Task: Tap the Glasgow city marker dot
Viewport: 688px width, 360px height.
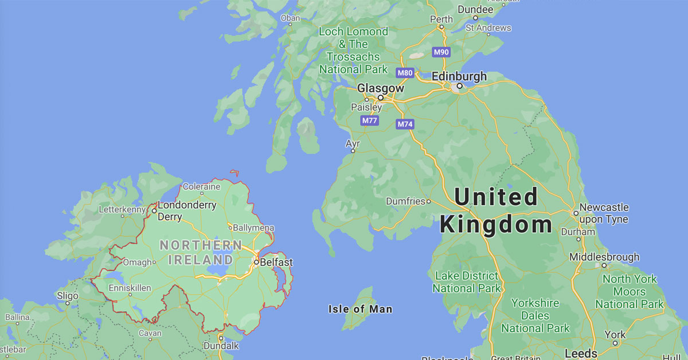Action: pyautogui.click(x=380, y=97)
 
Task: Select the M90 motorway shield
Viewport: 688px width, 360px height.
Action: pyautogui.click(x=441, y=52)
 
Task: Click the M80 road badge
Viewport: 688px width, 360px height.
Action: pyautogui.click(x=405, y=73)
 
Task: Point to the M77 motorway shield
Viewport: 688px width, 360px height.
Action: pyautogui.click(x=369, y=120)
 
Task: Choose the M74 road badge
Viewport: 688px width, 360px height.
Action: pyautogui.click(x=405, y=124)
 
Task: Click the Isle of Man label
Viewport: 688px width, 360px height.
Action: pyautogui.click(x=360, y=309)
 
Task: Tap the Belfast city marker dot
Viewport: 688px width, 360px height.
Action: pyautogui.click(x=256, y=263)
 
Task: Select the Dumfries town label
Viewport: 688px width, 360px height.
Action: pyautogui.click(x=405, y=201)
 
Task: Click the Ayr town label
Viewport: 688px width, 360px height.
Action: pyautogui.click(x=353, y=142)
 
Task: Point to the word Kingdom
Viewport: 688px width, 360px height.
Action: pyautogui.click(x=496, y=224)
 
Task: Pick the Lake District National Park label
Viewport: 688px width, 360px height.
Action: pyautogui.click(x=466, y=282)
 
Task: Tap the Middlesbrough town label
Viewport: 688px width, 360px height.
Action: pyautogui.click(x=604, y=257)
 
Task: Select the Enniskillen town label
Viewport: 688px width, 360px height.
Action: pyautogui.click(x=130, y=287)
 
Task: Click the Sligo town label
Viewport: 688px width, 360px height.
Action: pyautogui.click(x=68, y=296)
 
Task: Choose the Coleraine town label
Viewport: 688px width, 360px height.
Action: pyautogui.click(x=201, y=186)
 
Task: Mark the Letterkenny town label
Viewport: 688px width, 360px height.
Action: pyautogui.click(x=122, y=209)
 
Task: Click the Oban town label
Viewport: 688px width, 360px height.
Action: pyautogui.click(x=290, y=18)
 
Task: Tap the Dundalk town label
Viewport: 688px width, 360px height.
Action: pyautogui.click(x=221, y=346)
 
